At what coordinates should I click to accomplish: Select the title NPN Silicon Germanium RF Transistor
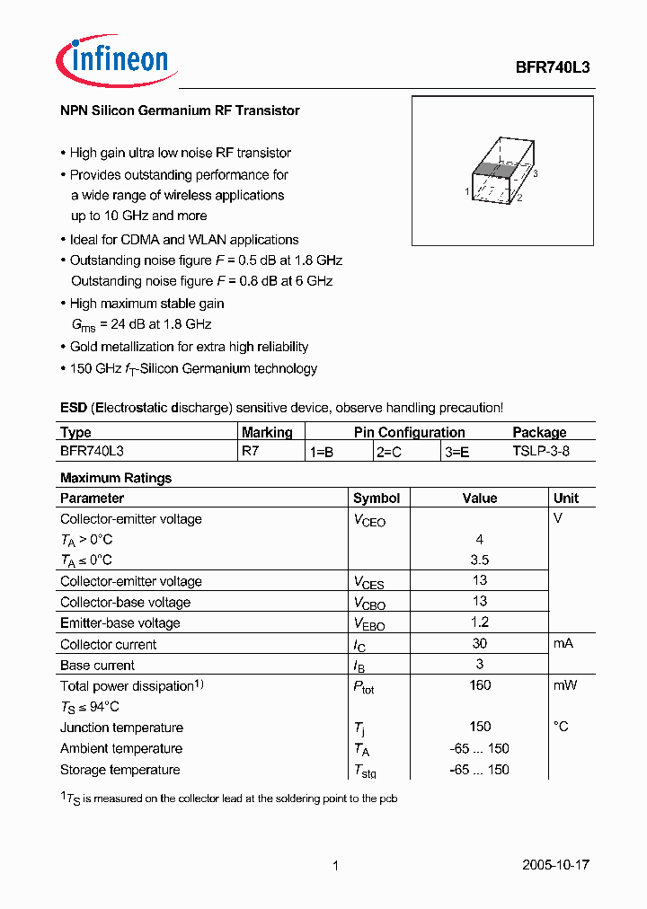tap(180, 110)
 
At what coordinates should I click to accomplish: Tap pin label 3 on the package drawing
tap(535, 173)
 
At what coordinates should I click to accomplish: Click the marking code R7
tap(250, 452)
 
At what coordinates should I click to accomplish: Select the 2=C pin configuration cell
tap(390, 453)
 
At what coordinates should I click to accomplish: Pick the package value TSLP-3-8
tap(540, 452)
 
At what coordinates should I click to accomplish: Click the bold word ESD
tap(74, 408)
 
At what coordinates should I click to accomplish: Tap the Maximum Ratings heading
tap(115, 478)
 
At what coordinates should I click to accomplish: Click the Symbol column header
tap(377, 499)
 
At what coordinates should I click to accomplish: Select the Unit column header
tap(566, 499)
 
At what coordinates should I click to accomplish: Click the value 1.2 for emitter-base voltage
tap(480, 622)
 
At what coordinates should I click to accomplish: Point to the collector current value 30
tap(480, 644)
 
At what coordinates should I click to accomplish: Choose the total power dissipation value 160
tap(480, 685)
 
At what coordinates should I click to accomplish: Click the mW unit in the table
tap(565, 685)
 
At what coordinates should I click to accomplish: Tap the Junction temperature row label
tap(121, 728)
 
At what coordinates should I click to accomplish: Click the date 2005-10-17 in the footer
tap(555, 865)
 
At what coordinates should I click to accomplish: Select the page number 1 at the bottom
tap(335, 866)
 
